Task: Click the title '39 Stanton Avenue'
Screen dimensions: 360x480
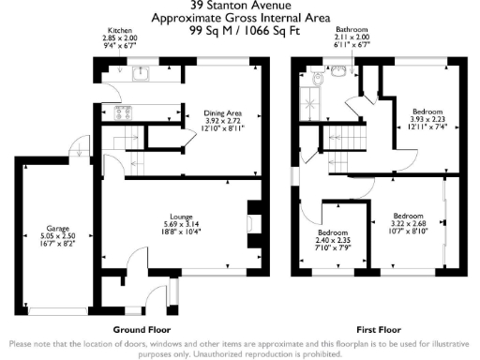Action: point(240,6)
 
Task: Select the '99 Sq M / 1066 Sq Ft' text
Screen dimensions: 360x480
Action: point(240,30)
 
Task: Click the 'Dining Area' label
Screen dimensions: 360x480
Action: point(223,112)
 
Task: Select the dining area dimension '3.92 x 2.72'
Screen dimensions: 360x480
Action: point(223,121)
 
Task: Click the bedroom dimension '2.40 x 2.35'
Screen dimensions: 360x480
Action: point(333,240)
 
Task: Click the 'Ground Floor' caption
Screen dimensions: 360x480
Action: point(141,331)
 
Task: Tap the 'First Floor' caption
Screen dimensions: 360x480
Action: point(379,331)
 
